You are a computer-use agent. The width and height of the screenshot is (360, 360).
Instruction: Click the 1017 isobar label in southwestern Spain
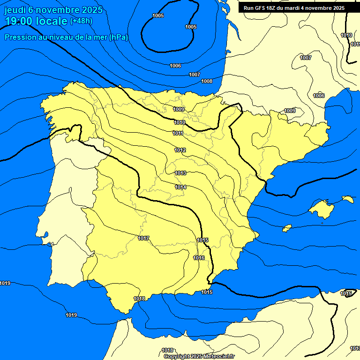click(143, 239)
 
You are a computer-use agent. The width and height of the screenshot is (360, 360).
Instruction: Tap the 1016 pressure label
click(199, 258)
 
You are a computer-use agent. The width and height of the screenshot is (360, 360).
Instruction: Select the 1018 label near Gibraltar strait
click(139, 299)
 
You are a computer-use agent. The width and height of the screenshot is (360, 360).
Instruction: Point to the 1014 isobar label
click(181, 187)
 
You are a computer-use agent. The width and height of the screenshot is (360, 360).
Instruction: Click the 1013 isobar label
click(180, 173)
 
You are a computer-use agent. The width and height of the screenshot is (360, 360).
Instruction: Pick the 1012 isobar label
click(180, 150)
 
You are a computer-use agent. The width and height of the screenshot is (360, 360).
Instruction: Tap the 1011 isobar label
click(178, 133)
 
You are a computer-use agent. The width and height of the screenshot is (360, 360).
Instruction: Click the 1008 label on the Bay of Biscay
click(207, 81)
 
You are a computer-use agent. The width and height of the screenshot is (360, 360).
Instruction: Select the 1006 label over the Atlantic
click(175, 66)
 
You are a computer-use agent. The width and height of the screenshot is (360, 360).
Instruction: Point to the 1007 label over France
click(306, 58)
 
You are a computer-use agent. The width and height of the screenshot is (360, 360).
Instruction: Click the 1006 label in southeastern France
click(319, 96)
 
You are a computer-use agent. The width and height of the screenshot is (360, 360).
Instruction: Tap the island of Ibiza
click(287, 228)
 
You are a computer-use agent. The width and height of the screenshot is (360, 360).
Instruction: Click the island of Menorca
click(348, 199)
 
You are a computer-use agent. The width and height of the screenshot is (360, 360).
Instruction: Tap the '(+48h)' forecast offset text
click(81, 21)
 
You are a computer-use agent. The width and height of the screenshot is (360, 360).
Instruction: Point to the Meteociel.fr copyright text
click(199, 356)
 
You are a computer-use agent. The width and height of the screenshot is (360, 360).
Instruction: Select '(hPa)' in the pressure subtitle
click(119, 37)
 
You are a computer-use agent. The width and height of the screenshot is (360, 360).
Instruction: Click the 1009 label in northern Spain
click(179, 109)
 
